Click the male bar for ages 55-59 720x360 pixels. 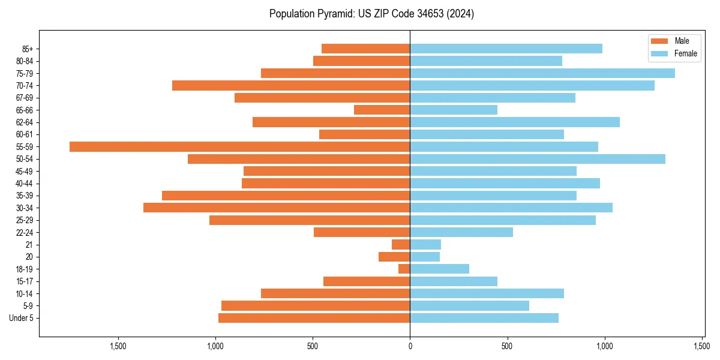coord(240,146)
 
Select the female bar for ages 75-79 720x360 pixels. coord(542,73)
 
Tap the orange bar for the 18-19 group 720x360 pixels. coord(404,269)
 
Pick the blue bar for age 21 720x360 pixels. coord(425,244)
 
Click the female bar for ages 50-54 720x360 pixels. coord(538,159)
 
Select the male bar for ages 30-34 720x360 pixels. coord(277,208)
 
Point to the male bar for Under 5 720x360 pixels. coord(314,318)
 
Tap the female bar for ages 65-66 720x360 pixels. coord(454,110)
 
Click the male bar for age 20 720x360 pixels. coord(394,257)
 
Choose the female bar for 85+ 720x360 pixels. coord(506,49)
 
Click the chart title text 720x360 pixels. coord(371,14)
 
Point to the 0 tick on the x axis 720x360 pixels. coord(410,346)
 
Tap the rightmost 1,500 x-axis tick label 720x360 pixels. coord(702,346)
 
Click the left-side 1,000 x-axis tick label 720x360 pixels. coord(215,346)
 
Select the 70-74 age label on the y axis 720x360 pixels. coord(25,85)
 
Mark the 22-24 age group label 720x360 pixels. coord(25,232)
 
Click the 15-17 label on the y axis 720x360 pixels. coord(25,281)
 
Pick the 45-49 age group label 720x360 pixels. coord(25,171)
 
